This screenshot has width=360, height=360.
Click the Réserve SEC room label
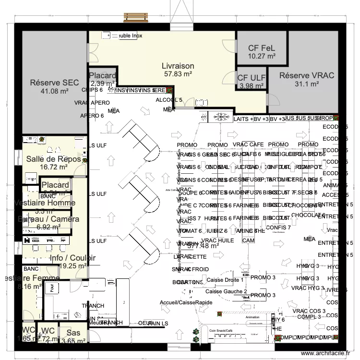(x=54, y=83)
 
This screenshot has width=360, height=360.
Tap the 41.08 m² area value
(x=54, y=91)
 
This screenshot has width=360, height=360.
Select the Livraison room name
(x=178, y=66)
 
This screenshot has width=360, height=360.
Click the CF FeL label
(x=262, y=48)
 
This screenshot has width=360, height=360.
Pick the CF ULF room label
(x=252, y=78)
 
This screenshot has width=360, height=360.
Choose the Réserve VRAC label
(x=307, y=75)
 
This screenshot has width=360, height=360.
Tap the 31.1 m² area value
(x=307, y=84)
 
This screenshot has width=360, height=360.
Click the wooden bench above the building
(x=136, y=17)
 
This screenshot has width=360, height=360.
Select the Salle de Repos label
(x=53, y=159)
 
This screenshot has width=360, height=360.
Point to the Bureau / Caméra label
(x=48, y=219)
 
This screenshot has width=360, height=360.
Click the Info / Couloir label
(x=72, y=258)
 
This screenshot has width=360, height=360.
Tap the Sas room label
(x=73, y=333)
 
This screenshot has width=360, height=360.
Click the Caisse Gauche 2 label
(x=226, y=291)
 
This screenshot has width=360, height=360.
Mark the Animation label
(x=252, y=317)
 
